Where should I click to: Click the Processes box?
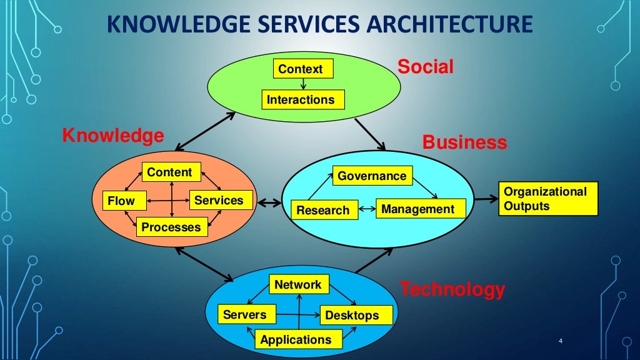pos(171,227)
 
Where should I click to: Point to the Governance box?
pos(372,176)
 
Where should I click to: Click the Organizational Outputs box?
pos(548,199)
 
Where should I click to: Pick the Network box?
pos(298,285)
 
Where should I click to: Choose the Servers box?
pos(244,314)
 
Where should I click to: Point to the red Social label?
pos(426,67)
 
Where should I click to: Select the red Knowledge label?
pos(113,136)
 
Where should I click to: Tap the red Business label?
pos(464,142)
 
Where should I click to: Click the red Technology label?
pos(452,289)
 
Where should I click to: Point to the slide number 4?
pos(561,341)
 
